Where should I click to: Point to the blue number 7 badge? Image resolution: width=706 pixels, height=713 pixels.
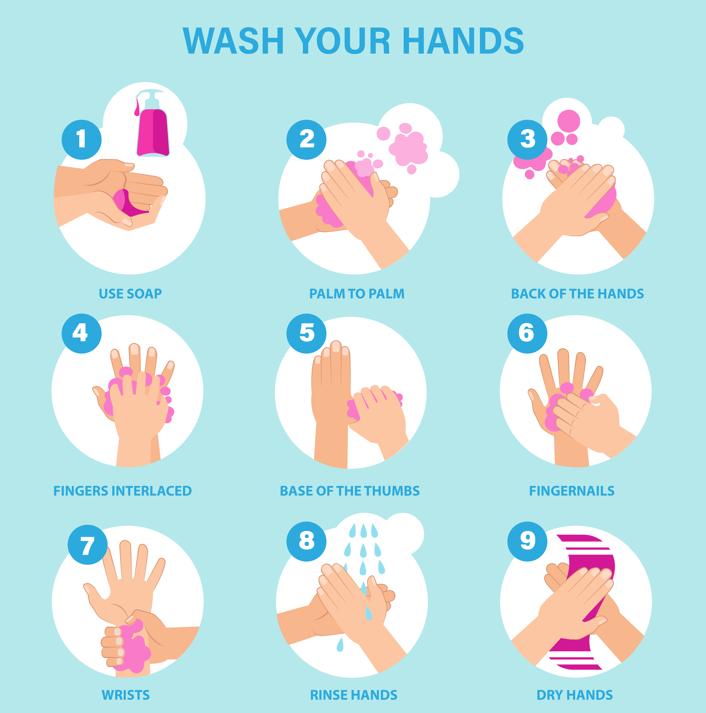[x=87, y=545]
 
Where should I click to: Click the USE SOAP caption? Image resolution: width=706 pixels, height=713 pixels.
[x=130, y=294]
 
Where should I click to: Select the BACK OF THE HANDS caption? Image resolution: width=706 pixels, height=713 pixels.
[x=577, y=294]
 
